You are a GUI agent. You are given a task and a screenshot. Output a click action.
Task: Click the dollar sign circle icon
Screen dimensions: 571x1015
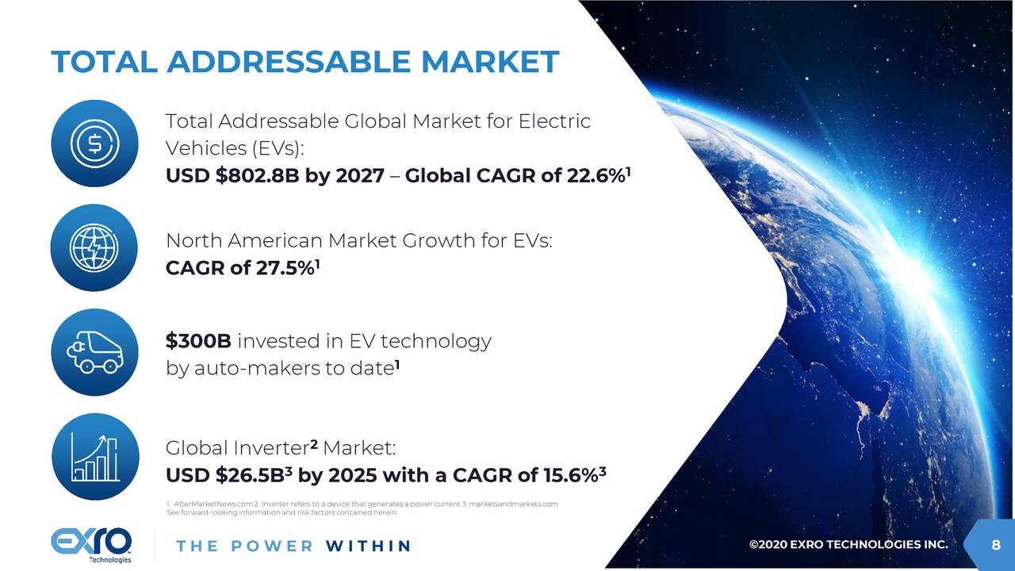tap(94, 144)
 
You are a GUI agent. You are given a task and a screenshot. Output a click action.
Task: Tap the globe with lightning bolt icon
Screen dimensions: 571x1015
tap(94, 248)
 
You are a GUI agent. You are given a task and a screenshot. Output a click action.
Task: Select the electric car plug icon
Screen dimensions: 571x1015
tap(94, 352)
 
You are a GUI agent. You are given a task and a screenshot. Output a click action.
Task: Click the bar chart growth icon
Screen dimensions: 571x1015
tap(94, 457)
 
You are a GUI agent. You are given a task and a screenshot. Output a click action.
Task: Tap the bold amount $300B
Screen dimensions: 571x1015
tap(198, 341)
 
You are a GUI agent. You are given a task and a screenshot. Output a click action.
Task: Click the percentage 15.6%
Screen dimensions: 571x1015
tap(565, 476)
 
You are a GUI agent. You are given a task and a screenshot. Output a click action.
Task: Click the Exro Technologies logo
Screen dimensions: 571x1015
tap(91, 545)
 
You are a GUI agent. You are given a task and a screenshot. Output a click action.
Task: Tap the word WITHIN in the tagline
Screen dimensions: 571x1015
tap(368, 546)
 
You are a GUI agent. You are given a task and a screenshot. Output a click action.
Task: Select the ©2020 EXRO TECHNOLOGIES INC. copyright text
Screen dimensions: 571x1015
tap(848, 545)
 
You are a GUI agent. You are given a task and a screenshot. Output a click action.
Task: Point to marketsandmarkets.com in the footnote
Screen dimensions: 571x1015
tap(514, 504)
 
